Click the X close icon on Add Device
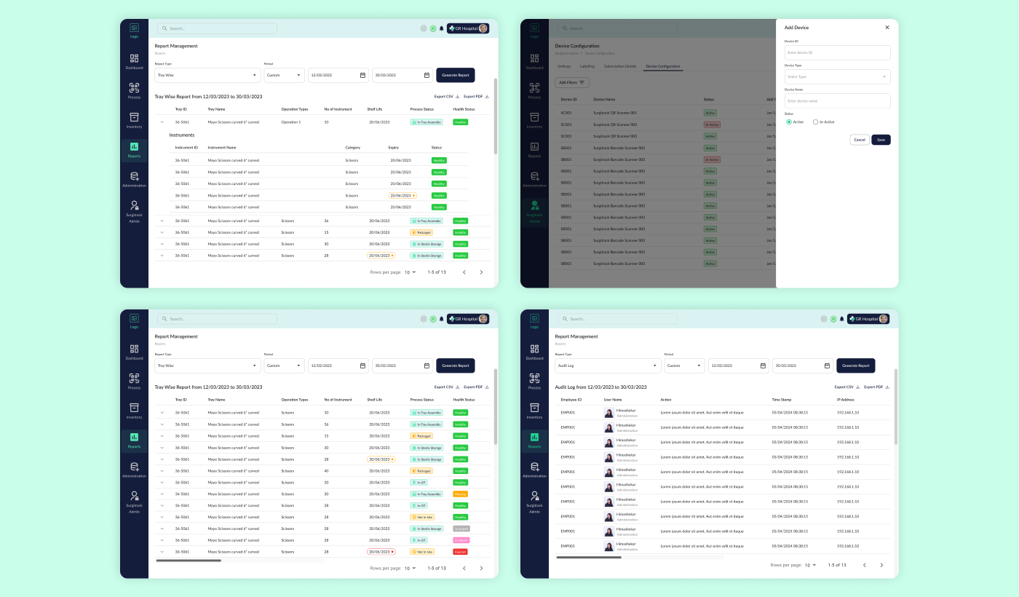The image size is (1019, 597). coord(887,28)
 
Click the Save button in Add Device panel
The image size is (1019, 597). coord(881,140)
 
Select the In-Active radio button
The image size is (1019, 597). coord(816,122)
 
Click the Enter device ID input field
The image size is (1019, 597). coord(837,52)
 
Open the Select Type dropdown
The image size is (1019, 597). coord(837,76)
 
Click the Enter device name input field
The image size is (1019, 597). coord(837,101)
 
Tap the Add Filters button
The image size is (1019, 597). coord(572,83)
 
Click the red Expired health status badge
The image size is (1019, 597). coord(460,552)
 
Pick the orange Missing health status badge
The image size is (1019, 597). coord(460,494)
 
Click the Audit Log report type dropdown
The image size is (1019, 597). coord(608,365)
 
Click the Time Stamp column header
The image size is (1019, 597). coord(781,400)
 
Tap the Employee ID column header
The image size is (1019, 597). coord(571,400)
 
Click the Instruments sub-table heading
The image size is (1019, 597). coord(182,135)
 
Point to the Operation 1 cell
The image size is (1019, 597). coord(290,122)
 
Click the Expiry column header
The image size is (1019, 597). coord(394,148)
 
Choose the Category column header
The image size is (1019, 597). coord(353,148)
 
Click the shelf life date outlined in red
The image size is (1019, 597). coord(381,552)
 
